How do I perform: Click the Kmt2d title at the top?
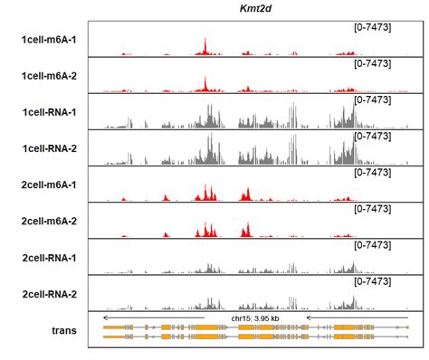click(x=255, y=8)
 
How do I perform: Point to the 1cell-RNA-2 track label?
click(x=49, y=148)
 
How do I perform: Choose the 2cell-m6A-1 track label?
click(x=49, y=185)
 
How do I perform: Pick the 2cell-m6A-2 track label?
click(x=49, y=222)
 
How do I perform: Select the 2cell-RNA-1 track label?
click(x=49, y=258)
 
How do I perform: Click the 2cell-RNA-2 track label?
click(x=49, y=294)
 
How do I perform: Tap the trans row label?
click(x=62, y=330)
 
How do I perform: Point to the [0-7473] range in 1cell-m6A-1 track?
click(x=372, y=27)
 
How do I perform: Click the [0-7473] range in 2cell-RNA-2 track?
click(x=372, y=280)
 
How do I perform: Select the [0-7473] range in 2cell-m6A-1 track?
click(x=372, y=172)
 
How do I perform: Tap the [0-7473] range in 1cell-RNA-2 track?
click(x=372, y=136)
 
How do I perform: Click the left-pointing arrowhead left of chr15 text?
click(x=106, y=317)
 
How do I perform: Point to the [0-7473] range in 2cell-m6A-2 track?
click(x=372, y=208)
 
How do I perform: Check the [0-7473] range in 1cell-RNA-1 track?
click(x=372, y=99)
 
